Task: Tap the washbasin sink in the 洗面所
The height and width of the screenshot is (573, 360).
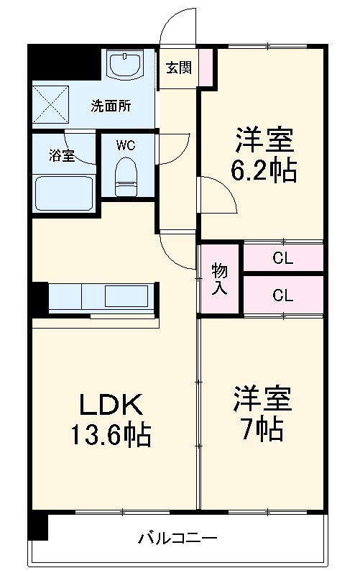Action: pyautogui.click(x=126, y=65)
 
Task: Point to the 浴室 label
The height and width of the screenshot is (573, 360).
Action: pyautogui.click(x=61, y=155)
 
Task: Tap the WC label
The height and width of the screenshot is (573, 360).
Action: pyautogui.click(x=126, y=145)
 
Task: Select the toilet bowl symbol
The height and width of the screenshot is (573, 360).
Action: pyautogui.click(x=126, y=177)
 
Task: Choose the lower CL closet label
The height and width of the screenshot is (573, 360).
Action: pyautogui.click(x=282, y=295)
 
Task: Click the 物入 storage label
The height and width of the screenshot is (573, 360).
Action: pyautogui.click(x=220, y=279)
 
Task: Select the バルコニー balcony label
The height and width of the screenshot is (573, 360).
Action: pyautogui.click(x=177, y=537)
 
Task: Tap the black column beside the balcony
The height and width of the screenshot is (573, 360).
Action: pyautogui.click(x=37, y=527)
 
